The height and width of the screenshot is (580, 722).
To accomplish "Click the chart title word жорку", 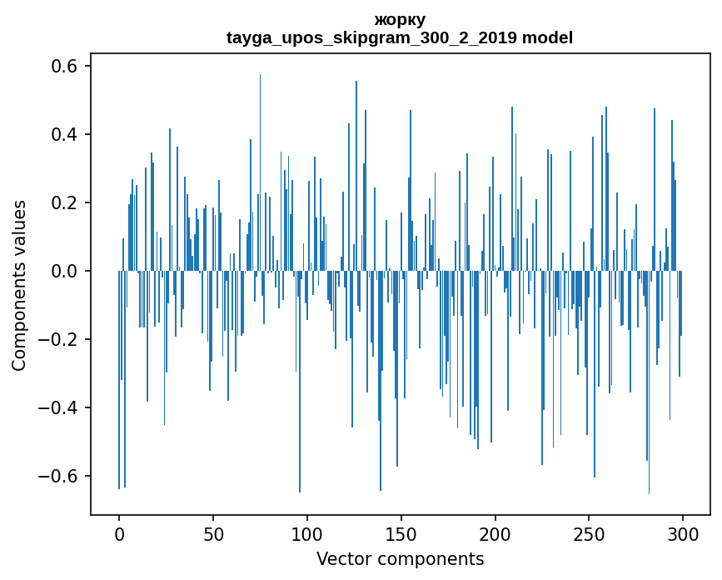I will (x=400, y=19).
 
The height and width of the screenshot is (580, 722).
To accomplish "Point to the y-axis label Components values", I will (x=19, y=285).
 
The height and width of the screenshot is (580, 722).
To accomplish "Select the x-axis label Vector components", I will (x=400, y=559).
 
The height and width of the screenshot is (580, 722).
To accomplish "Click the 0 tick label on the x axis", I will (x=119, y=533).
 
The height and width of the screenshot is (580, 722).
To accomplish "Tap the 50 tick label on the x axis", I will (x=213, y=533).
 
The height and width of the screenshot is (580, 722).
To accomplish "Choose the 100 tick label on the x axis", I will (x=307, y=533).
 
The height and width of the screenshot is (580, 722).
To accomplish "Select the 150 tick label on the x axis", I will (x=401, y=533).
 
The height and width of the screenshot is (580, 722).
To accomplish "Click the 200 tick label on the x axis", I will (x=495, y=533).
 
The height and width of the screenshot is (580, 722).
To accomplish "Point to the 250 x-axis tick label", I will (x=589, y=533).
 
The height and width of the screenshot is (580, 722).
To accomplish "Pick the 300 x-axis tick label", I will (x=683, y=533).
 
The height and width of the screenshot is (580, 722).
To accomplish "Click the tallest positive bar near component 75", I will (x=260, y=167).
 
